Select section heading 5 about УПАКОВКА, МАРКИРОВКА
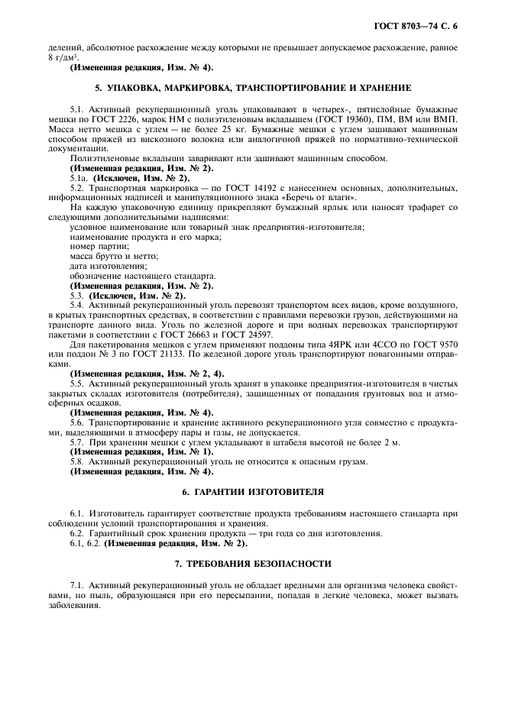coord(252,88)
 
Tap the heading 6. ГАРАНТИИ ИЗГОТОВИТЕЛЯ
coord(252,492)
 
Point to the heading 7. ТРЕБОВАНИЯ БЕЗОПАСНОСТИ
coord(252,564)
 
